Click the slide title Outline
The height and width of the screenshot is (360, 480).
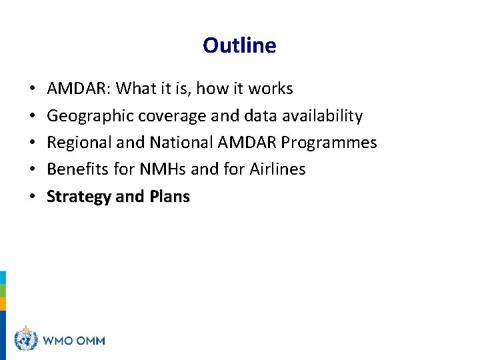(239, 45)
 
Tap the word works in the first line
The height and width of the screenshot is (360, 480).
(271, 89)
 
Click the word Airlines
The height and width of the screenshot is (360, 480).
(277, 169)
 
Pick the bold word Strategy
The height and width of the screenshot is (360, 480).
(77, 197)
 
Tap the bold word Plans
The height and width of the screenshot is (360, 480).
(170, 197)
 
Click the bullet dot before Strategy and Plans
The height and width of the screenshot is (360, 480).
(33, 197)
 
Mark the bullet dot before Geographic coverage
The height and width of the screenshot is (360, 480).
(33, 117)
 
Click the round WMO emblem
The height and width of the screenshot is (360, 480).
(25, 339)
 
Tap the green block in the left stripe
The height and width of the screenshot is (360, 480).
(3, 291)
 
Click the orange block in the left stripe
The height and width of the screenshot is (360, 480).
(3, 304)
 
